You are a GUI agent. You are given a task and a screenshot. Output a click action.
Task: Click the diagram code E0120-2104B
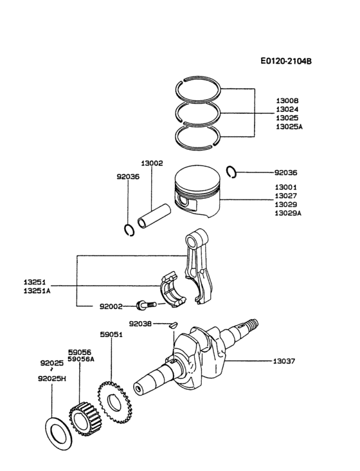point(286,62)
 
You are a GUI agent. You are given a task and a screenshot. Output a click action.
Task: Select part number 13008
point(287,101)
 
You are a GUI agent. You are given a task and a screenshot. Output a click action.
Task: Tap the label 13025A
point(289,127)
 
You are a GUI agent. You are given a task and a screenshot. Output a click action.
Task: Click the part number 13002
point(152,164)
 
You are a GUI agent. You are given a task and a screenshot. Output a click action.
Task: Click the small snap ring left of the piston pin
point(129,229)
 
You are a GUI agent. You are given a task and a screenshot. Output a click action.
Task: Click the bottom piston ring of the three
point(199,134)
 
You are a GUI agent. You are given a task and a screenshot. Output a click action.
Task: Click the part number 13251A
point(39,291)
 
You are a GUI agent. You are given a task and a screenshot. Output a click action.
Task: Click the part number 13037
point(285,361)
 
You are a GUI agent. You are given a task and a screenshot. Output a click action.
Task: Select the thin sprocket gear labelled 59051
point(113,401)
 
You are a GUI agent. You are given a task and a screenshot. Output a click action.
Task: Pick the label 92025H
point(52,379)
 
